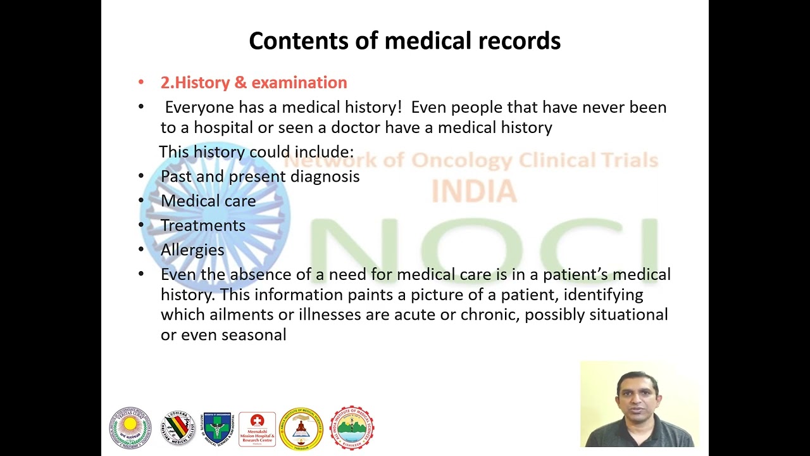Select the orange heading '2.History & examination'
click(254, 82)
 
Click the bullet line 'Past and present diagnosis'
click(260, 176)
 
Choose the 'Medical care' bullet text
click(208, 201)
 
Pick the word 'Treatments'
click(203, 225)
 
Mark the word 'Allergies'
click(192, 250)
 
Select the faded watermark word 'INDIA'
click(474, 191)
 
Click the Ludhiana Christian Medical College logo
click(177, 428)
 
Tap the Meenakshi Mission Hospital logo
click(257, 429)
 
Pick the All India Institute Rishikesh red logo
click(352, 428)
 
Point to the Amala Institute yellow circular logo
click(301, 429)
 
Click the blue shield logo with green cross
click(217, 428)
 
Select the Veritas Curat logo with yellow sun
click(130, 428)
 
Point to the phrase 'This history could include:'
click(256, 152)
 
